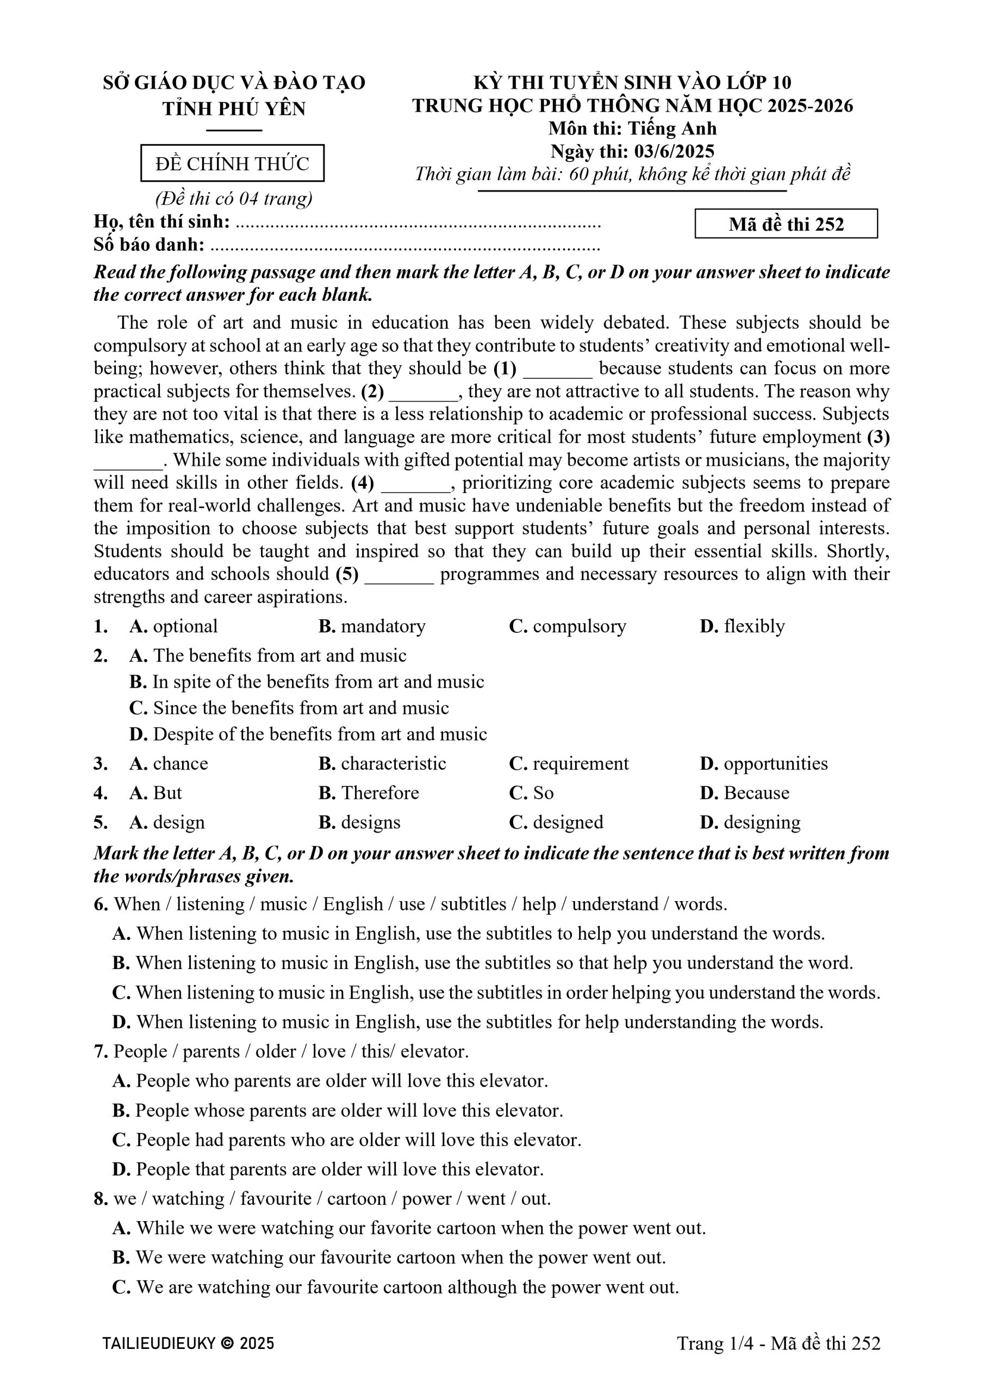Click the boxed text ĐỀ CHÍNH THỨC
click(232, 163)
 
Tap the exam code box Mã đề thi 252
click(786, 224)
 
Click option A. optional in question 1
click(173, 626)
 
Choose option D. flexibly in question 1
click(742, 626)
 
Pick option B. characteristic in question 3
click(382, 763)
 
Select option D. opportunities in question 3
click(763, 763)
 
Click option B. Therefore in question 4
click(369, 793)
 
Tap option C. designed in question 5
click(556, 822)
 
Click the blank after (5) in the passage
click(399, 575)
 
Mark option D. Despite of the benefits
click(308, 734)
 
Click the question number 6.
click(101, 904)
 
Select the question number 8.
click(101, 1199)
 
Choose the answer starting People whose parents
click(338, 1110)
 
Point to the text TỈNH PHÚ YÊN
click(234, 109)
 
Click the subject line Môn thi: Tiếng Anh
click(632, 128)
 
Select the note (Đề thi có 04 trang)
click(234, 199)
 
